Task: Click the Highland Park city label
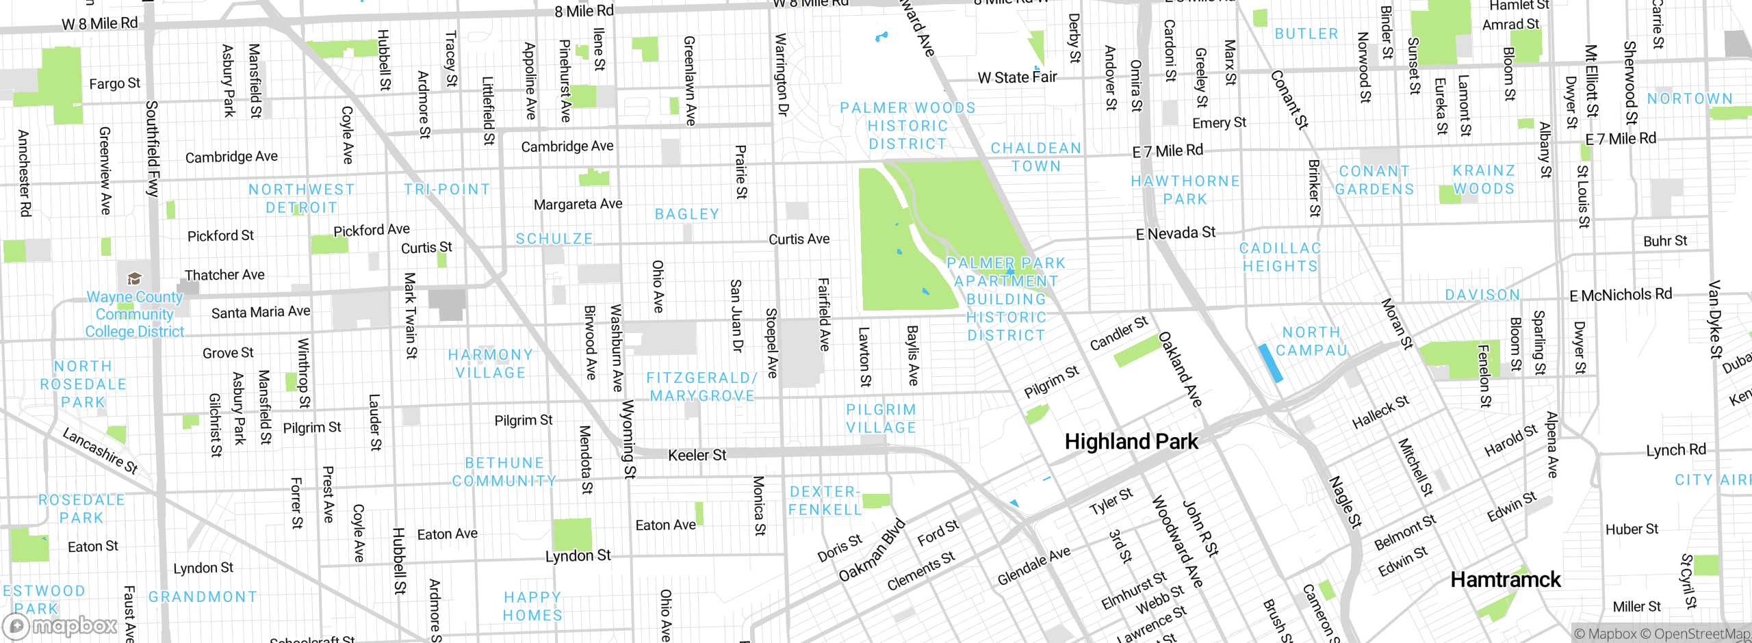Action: click(1131, 442)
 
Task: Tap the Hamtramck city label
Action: click(1506, 580)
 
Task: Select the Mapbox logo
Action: click(60, 626)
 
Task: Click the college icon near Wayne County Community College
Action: click(134, 278)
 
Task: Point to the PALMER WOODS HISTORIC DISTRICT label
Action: click(907, 126)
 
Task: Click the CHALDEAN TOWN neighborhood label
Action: click(1036, 157)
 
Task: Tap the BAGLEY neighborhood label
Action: click(687, 214)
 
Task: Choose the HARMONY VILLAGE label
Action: click(491, 364)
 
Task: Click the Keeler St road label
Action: click(697, 455)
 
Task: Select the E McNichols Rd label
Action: click(1620, 296)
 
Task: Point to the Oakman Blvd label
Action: click(872, 551)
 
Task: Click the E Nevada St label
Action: click(1175, 233)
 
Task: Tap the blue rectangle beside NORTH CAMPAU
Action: click(1270, 363)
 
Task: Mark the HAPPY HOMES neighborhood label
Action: click(532, 607)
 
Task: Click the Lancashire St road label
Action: click(100, 451)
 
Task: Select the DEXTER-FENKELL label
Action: click(825, 501)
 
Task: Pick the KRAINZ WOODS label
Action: click(1484, 179)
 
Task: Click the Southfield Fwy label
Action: click(153, 148)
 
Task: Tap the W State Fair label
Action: click(1017, 77)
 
